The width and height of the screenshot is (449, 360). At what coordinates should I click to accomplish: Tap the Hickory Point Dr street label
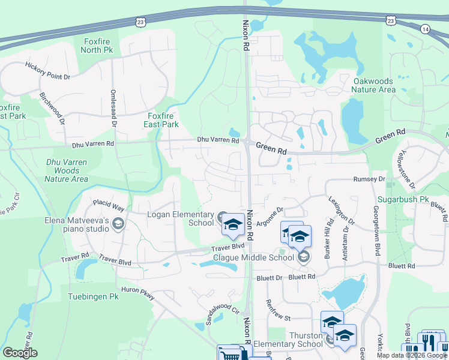pyautogui.click(x=47, y=71)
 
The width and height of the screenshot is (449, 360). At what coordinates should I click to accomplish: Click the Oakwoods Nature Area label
pyautogui.click(x=373, y=85)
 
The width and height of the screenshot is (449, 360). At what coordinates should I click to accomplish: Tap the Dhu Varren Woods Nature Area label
pyautogui.click(x=67, y=170)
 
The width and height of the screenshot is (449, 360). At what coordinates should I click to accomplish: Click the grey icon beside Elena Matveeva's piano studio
pyautogui.click(x=118, y=224)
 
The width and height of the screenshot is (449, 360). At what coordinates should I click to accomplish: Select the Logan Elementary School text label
pyautogui.click(x=180, y=218)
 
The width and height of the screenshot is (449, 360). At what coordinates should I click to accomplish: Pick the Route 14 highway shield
pyautogui.click(x=426, y=28)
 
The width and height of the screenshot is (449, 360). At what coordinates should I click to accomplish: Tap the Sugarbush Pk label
pyautogui.click(x=403, y=199)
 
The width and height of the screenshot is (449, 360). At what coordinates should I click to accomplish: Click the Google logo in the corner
pyautogui.click(x=19, y=352)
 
